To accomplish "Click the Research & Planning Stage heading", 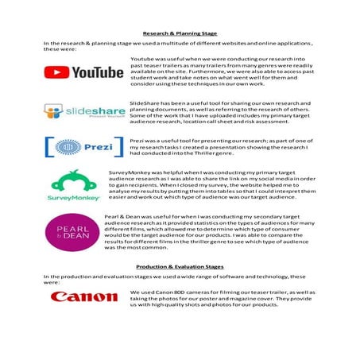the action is (x=180, y=33).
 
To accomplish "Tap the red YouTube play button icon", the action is (x=56, y=72).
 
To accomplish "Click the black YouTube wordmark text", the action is (x=98, y=72).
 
